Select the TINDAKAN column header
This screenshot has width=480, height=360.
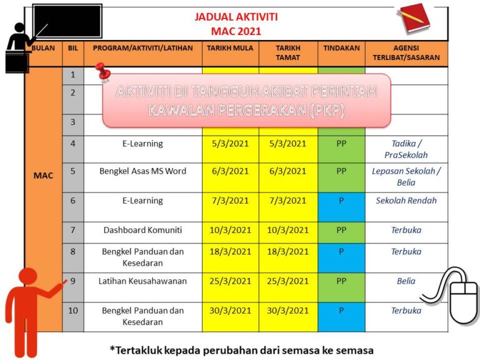pos(341,48)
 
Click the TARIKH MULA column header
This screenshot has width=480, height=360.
pos(229,48)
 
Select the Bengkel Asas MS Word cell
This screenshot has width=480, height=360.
pos(142,171)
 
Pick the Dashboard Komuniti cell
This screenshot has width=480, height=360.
pos(142,230)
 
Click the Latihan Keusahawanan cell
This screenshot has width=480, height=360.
pos(142,281)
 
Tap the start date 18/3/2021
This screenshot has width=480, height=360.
pos(229,252)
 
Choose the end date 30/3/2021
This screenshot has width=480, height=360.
pos(287,311)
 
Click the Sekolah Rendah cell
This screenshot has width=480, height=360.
pos(406,201)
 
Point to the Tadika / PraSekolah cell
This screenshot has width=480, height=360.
pos(406,149)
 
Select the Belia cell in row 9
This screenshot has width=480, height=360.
pos(406,281)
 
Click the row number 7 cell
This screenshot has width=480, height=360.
pos(72,230)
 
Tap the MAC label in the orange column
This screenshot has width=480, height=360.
pos(43,176)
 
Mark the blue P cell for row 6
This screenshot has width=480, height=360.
pos(341,201)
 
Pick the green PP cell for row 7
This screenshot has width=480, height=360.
pos(341,230)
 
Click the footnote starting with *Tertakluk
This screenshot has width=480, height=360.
pos(241,349)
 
